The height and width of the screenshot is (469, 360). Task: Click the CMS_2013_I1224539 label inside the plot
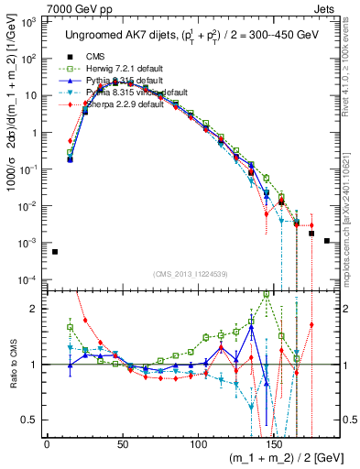[190, 273]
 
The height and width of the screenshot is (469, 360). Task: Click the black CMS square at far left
[55, 251]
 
